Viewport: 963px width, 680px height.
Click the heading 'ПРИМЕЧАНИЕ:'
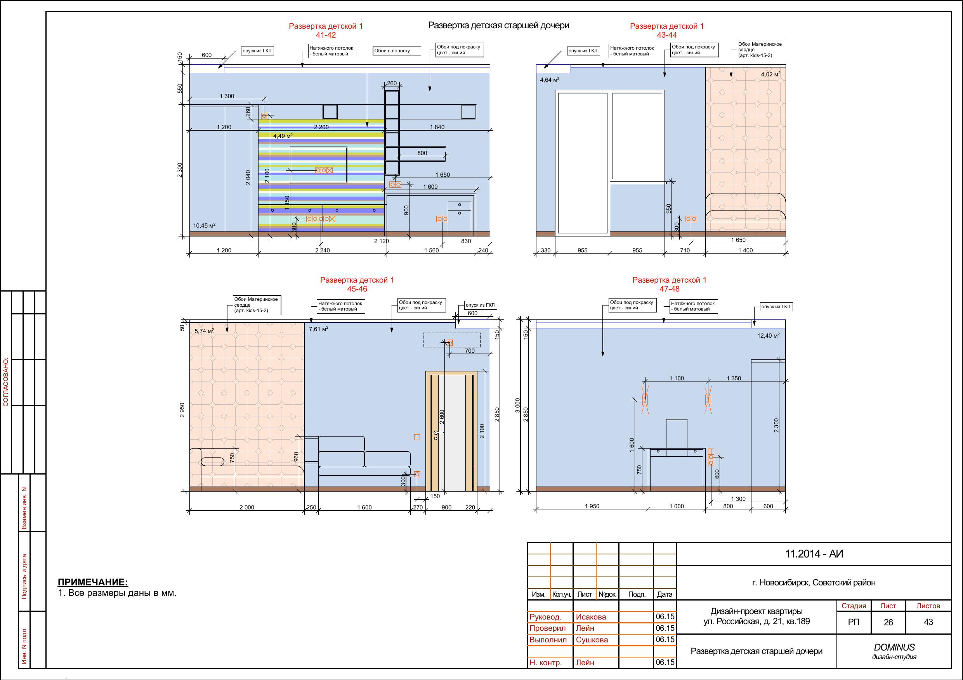coord(93,582)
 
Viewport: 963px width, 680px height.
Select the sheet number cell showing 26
coord(888,622)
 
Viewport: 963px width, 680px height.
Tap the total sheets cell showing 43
coord(928,622)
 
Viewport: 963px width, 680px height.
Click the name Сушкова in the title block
coord(592,640)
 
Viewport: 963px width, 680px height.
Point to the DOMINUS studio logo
coord(894,651)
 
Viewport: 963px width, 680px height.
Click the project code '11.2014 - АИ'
coord(814,554)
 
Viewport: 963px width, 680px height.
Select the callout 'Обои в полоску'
coord(397,51)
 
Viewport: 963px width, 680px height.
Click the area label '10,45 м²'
coord(204,225)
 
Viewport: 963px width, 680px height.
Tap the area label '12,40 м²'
coord(769,336)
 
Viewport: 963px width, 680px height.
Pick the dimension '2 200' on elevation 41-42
coord(321,127)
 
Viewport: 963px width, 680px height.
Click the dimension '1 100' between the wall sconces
coord(676,378)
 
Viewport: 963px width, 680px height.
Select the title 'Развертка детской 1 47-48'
coord(670,284)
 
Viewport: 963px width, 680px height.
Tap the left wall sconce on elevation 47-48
coord(645,400)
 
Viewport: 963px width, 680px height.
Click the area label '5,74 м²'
coord(204,331)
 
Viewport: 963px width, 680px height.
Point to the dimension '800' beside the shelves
coord(422,153)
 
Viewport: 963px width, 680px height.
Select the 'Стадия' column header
coord(854,606)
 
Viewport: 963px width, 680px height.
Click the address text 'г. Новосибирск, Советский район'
coord(814,582)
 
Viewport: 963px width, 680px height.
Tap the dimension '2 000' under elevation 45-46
coord(246,507)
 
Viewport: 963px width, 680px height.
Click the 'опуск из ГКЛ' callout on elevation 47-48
coord(776,307)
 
